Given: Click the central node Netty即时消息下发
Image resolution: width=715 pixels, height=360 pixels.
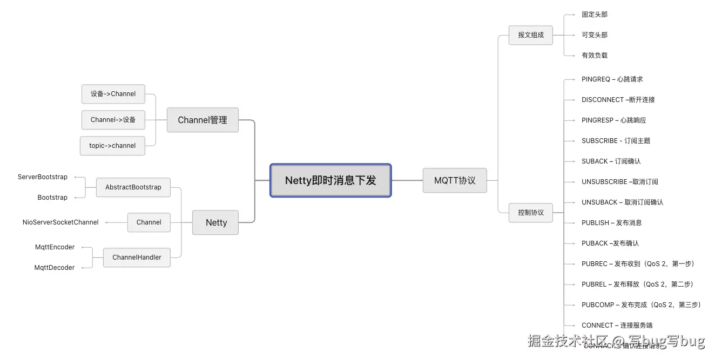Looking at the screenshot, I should click(330, 180).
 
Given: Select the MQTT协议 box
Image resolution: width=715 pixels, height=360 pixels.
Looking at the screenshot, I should click(455, 180).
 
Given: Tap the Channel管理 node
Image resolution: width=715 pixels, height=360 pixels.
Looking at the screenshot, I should click(203, 120).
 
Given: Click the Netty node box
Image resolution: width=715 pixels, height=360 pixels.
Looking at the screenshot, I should click(215, 222).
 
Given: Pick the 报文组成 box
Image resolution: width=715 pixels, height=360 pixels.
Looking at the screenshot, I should click(530, 35).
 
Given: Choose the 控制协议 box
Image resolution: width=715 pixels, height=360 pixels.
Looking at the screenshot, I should click(530, 213).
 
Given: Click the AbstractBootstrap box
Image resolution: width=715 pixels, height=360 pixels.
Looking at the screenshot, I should click(133, 187).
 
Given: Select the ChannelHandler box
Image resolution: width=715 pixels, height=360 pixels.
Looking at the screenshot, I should click(137, 257).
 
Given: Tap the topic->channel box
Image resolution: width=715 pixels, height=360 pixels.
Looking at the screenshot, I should click(112, 146).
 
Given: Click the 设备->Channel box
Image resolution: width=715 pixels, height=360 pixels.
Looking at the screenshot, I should click(113, 94).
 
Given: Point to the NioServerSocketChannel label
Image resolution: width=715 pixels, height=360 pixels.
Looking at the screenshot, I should click(60, 222).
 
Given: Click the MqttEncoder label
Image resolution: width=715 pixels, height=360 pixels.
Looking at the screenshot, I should click(55, 247).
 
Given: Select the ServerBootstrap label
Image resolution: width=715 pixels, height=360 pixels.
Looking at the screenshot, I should click(43, 177).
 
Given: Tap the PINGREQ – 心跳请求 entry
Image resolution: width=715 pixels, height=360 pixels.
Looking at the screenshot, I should click(612, 79).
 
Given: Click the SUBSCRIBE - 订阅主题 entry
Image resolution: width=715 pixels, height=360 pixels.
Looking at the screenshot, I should click(616, 141).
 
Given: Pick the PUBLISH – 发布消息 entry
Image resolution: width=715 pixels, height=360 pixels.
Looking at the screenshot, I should click(611, 223).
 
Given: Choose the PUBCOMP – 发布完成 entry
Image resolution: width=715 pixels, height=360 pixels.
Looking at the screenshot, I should click(640, 305).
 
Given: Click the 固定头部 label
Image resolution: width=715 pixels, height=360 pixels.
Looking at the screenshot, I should click(594, 15).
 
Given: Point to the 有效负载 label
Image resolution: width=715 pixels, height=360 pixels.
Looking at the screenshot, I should click(594, 56).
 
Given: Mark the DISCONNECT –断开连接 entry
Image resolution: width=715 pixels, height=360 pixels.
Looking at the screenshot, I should click(618, 100).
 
